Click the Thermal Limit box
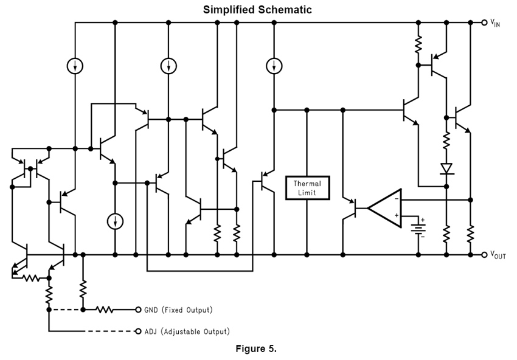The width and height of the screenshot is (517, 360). (307, 188)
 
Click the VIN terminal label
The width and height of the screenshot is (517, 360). (495, 24)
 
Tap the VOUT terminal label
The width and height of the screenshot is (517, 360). (498, 255)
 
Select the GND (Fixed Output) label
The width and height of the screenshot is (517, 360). (178, 310)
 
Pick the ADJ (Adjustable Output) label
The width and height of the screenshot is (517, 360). (187, 332)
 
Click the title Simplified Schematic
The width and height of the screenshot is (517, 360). (257, 10)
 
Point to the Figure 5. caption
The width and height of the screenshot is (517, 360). (255, 349)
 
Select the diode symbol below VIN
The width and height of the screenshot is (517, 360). (446, 168)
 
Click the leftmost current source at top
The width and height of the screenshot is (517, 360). (75, 66)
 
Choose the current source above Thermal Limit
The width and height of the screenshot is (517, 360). (274, 66)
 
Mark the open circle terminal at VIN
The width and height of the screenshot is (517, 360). (484, 22)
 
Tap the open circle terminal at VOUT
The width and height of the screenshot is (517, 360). (484, 255)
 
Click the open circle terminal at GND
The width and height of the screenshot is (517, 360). (138, 310)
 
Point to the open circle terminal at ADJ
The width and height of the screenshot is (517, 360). (138, 332)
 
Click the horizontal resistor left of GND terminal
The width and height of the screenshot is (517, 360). (105, 310)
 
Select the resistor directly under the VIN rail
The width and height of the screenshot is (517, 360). (418, 44)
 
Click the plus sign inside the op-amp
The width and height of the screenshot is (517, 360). (396, 216)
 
